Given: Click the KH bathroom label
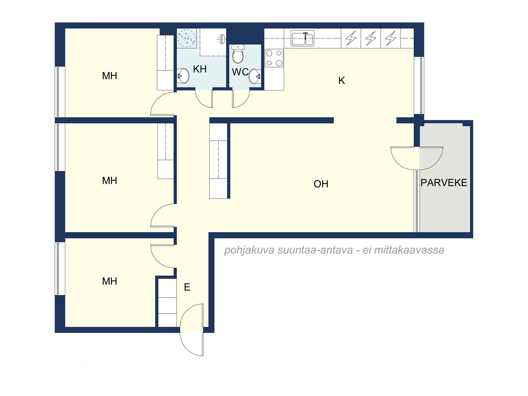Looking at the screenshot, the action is click(200, 69).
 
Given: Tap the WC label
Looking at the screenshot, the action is click(240, 72).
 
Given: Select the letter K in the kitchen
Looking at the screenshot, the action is click(342, 81).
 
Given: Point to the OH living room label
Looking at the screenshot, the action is click(321, 184).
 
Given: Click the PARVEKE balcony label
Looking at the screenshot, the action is click(444, 183).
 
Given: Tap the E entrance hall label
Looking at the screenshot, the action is click(187, 287).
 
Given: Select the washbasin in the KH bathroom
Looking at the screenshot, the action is click(183, 76).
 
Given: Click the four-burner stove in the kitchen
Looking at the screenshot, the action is click(274, 58).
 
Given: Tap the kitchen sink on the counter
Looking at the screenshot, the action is click(303, 39).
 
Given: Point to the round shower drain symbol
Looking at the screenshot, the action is click(187, 39).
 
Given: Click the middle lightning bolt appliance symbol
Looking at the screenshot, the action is click(371, 38).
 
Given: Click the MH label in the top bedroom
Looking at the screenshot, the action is click(110, 76).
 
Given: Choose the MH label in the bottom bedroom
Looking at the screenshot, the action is click(110, 281).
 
